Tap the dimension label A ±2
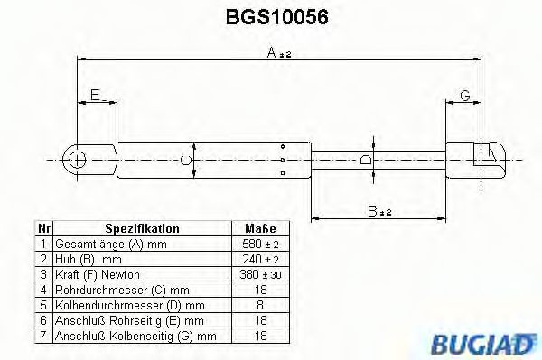278,54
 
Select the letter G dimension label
464,96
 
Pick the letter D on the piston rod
365,160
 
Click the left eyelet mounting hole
79,160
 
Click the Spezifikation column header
143,229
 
